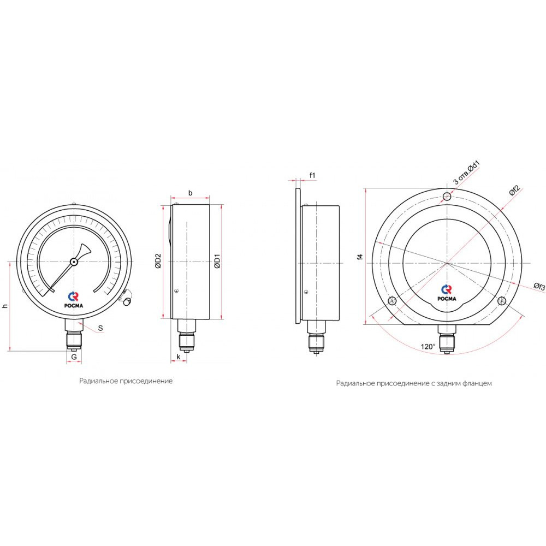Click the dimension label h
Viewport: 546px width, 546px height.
point(5,306)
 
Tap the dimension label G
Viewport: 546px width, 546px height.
point(74,357)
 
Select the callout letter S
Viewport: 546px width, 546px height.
point(100,328)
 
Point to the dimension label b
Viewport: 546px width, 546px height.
point(190,193)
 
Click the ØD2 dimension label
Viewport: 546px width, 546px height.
point(158,261)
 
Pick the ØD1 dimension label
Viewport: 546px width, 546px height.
point(217,261)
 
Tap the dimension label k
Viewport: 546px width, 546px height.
point(179,357)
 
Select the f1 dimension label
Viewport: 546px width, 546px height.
point(312,175)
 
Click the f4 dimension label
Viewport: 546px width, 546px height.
point(360,257)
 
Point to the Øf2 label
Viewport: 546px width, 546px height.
point(514,191)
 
